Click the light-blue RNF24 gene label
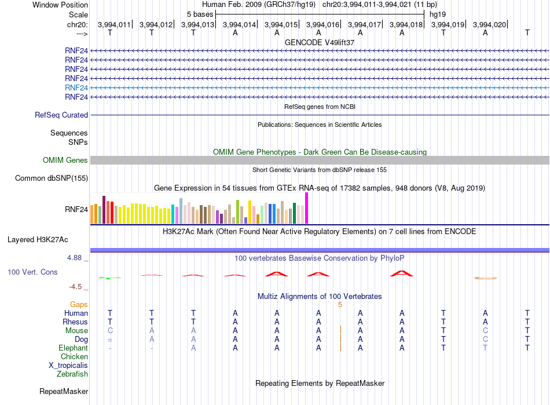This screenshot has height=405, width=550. tap(76, 87)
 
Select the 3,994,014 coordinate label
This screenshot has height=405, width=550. tap(239, 24)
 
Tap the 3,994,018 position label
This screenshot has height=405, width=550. tap(406, 24)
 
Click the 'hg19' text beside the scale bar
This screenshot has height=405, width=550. tap(438, 14)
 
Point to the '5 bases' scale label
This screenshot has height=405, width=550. tap(200, 14)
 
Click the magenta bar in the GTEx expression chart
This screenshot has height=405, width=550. tap(307, 208)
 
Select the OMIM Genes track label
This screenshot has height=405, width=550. tap(65, 160)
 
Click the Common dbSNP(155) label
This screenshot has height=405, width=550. tap(52, 178)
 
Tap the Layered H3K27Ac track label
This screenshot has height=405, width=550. tap(38, 240)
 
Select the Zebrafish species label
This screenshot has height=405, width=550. tap(72, 374)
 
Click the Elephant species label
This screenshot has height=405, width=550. tap(74, 348)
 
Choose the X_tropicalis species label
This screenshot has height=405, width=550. tap(68, 366)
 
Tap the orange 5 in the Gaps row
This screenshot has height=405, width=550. tap(340, 305)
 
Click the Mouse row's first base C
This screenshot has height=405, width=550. tap(110, 331)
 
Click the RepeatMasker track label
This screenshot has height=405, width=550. tap(64, 391)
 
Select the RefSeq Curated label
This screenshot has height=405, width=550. tap(61, 115)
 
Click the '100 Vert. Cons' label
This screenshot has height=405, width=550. tap(32, 272)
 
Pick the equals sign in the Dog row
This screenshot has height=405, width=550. tap(110, 340)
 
